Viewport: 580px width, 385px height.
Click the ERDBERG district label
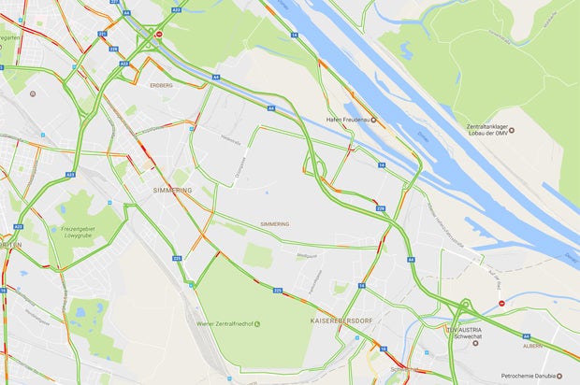click(160, 84)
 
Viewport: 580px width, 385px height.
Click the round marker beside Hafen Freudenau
click(373, 120)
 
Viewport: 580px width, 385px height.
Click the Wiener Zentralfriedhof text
click(225, 323)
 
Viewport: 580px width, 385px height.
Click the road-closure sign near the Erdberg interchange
click(159, 35)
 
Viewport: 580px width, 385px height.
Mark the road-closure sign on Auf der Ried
click(501, 303)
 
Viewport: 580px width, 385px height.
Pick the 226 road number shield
click(278, 291)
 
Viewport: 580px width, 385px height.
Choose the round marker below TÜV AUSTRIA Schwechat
click(475, 343)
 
